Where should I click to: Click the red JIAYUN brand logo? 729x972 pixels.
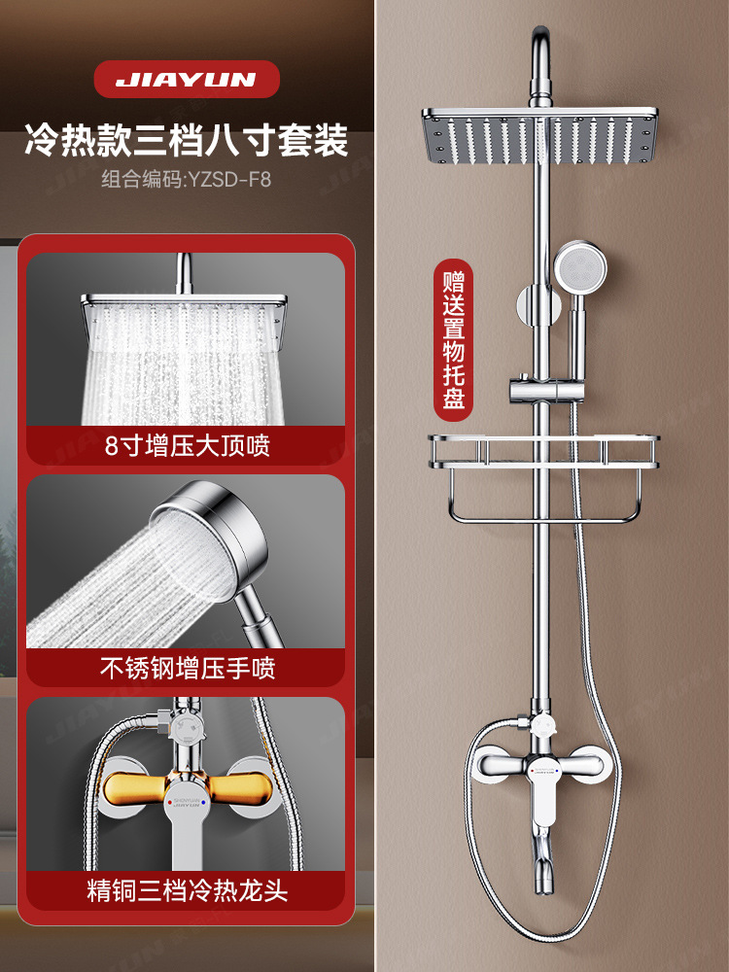pos(184,81)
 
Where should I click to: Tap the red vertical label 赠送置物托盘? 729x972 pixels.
pos(452,340)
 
